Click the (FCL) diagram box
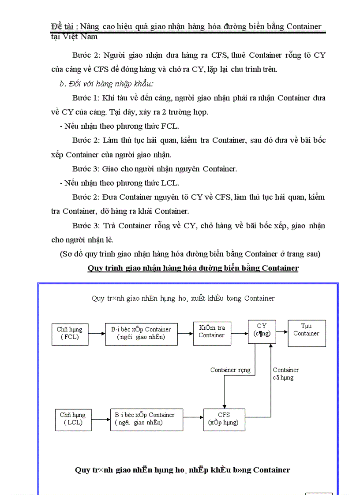69,333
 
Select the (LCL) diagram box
73,418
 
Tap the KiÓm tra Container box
211,331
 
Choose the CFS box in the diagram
224,418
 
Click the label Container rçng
230,370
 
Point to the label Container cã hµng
285,373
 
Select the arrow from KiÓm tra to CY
239,333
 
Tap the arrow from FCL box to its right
96,333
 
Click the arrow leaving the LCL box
101,418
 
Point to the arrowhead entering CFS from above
225,406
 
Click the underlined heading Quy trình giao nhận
193,268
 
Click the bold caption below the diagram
183,469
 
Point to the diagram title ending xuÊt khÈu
183,298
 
